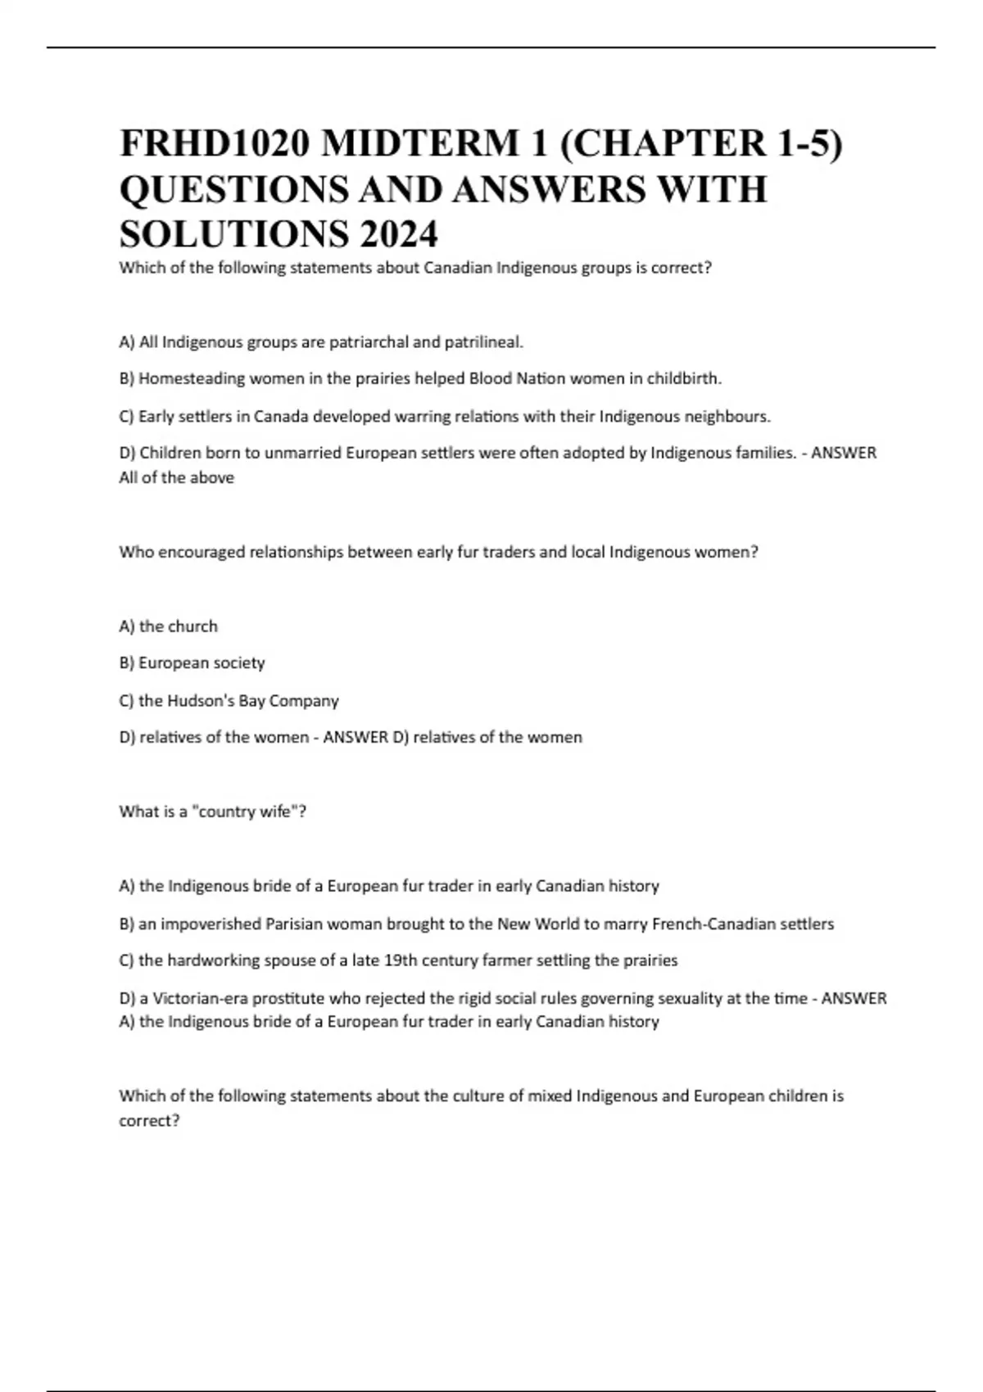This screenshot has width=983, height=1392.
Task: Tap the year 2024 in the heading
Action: [397, 235]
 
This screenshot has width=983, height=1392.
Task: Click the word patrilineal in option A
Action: [482, 342]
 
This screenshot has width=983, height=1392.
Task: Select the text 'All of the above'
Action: [176, 477]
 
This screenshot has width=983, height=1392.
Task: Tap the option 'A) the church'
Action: [168, 626]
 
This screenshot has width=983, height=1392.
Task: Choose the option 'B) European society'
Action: [192, 663]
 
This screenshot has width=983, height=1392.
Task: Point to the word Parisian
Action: [294, 924]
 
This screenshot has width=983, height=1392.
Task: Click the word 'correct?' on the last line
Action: [149, 1121]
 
